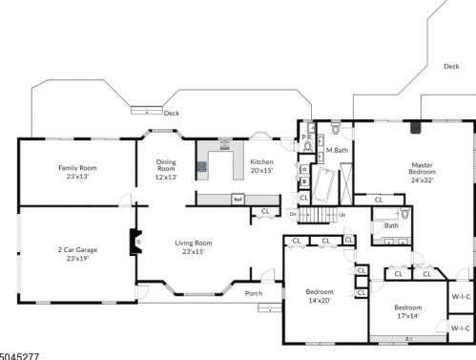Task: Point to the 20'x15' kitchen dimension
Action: (x=261, y=172)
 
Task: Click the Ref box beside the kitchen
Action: (x=238, y=200)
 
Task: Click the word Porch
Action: (x=254, y=293)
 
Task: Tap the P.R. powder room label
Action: (x=306, y=138)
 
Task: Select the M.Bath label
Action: (x=336, y=152)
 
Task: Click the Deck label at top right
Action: (x=450, y=67)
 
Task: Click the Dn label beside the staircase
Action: (x=293, y=214)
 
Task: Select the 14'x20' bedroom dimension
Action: (x=319, y=301)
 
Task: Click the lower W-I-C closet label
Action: (x=460, y=328)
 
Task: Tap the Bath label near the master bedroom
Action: (x=391, y=225)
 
